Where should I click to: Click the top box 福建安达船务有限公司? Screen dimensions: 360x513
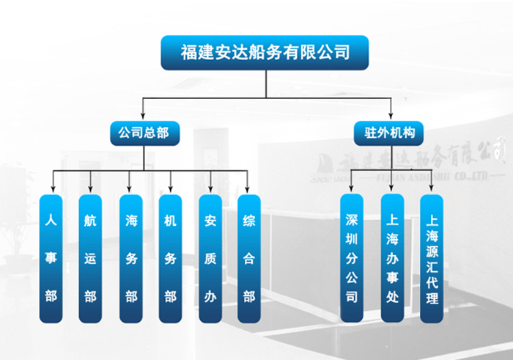click(x=265, y=53)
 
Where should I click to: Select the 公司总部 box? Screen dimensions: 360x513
click(x=144, y=133)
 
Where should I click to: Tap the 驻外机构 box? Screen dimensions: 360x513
click(x=389, y=133)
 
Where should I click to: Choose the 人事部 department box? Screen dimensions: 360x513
click(x=51, y=258)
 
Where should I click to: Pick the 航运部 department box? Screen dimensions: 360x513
click(x=90, y=258)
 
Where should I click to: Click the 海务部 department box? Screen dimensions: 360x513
click(x=130, y=258)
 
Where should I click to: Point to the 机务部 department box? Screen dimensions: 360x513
click(x=170, y=258)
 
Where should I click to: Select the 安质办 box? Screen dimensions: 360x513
click(x=210, y=258)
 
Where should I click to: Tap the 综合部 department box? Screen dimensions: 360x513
click(x=249, y=258)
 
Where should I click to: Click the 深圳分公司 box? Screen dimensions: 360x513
click(x=352, y=258)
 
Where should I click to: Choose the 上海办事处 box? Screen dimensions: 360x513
click(x=392, y=258)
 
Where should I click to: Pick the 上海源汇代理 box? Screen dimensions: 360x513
click(x=432, y=258)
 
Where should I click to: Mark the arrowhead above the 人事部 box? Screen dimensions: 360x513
click(x=51, y=190)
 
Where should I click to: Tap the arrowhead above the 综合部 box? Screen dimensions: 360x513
click(x=249, y=190)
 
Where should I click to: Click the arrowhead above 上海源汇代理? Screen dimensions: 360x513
click(x=432, y=190)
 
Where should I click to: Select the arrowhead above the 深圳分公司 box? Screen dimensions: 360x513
click(x=352, y=190)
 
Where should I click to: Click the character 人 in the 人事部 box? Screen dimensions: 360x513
click(x=51, y=219)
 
